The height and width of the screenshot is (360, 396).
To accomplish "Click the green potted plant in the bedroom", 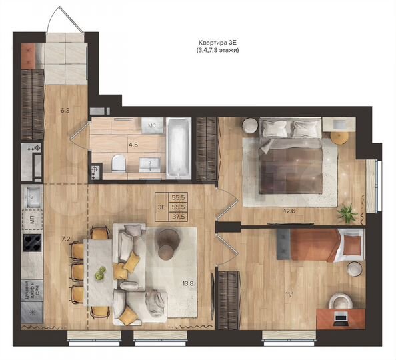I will (346, 214).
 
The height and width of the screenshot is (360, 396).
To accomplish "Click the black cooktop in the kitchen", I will (33, 241).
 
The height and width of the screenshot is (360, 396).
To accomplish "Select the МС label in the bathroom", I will (151, 125).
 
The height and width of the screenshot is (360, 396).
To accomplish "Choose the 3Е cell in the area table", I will (161, 207).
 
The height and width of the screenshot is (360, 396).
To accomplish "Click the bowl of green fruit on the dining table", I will (100, 273).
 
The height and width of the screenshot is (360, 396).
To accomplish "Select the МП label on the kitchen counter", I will (31, 219).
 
